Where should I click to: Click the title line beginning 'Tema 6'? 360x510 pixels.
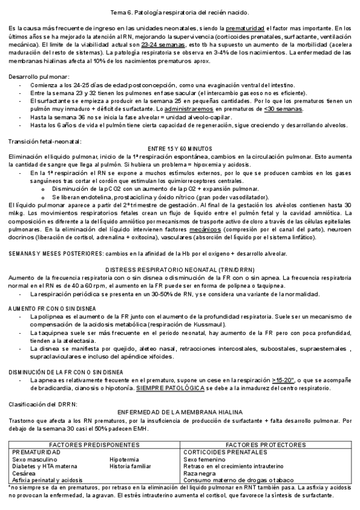coord(180,12)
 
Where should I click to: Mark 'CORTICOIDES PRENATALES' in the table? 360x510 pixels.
coord(225,451)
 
